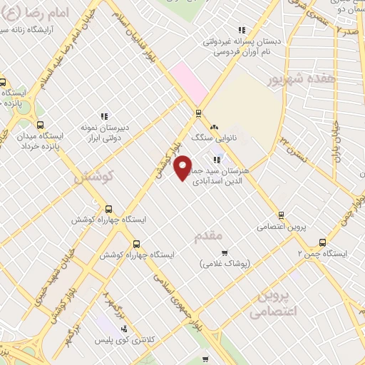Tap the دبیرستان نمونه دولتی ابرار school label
[x=103, y=132]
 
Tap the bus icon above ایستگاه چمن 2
[x=322, y=242]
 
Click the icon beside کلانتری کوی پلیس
[x=125, y=329]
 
